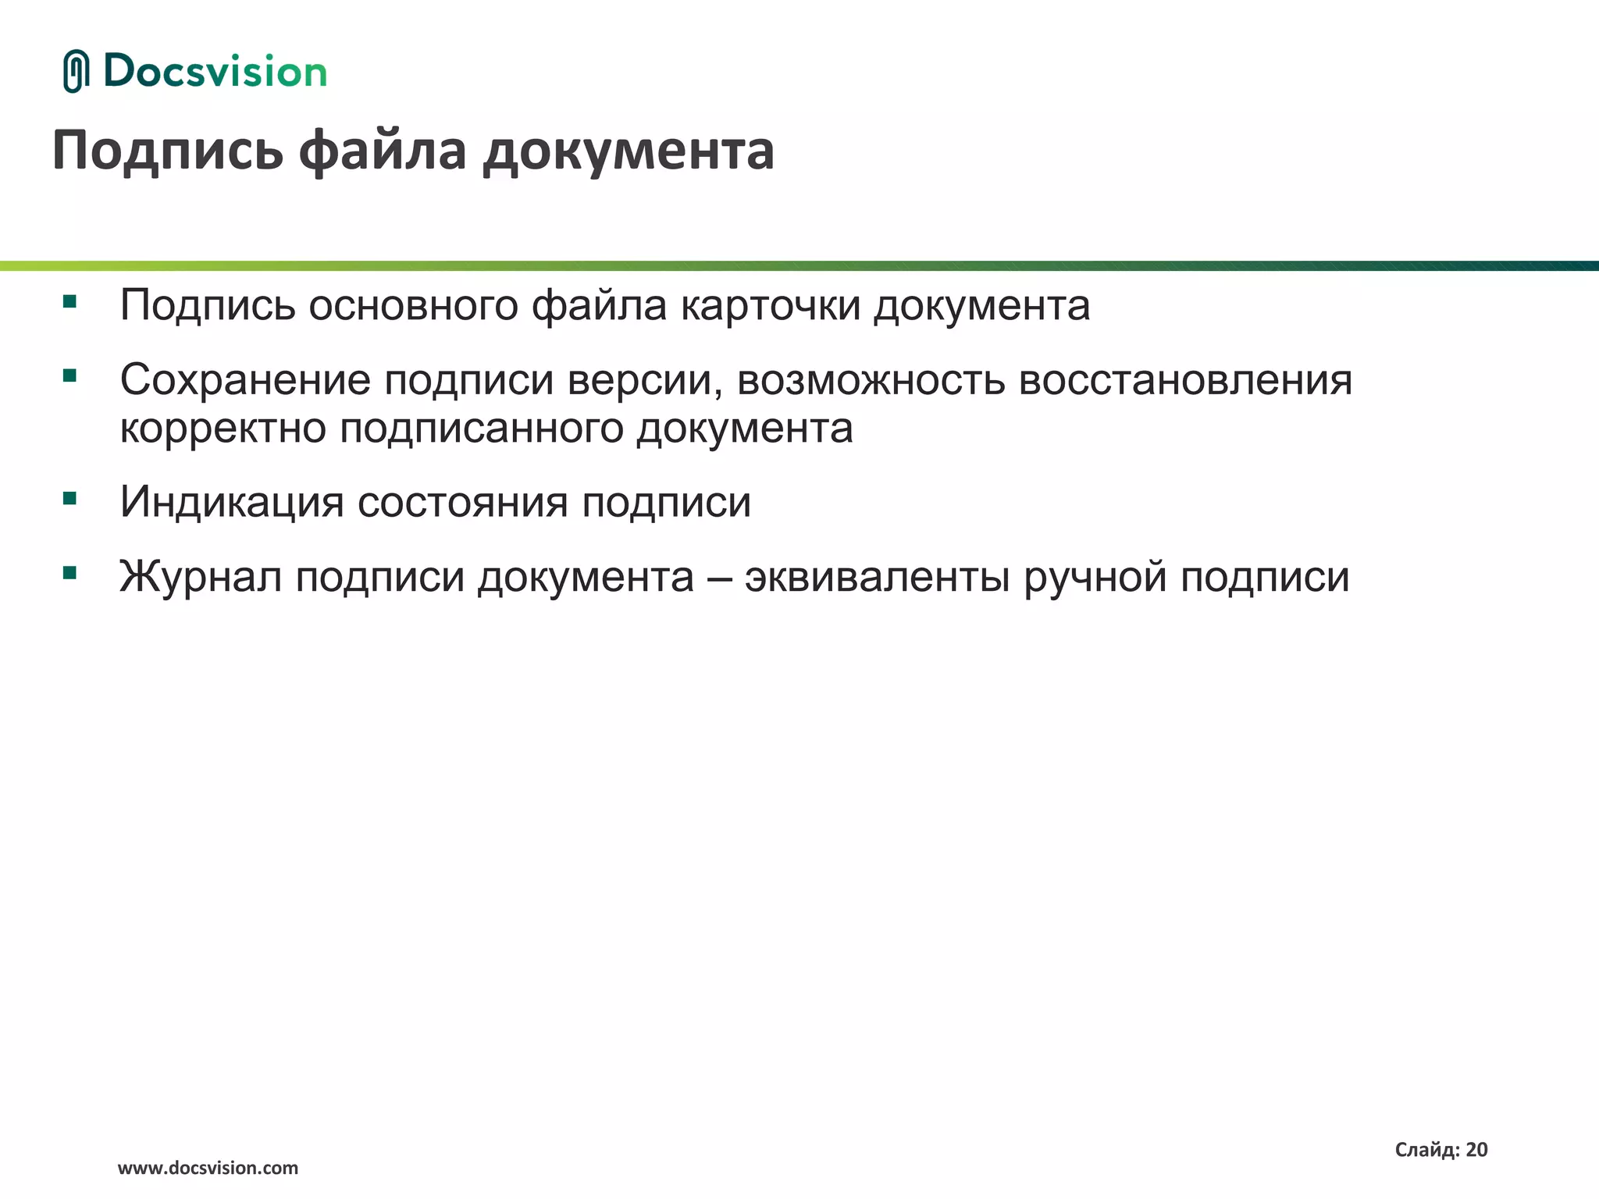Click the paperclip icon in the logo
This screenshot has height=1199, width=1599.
76,71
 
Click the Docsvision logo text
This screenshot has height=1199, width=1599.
215,72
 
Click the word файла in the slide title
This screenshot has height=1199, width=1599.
383,150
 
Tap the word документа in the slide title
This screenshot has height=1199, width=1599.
629,151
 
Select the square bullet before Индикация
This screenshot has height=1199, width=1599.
70,498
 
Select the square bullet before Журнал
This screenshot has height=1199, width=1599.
70,574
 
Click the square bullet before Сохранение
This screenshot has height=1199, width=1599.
70,376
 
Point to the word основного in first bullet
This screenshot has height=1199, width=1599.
413,305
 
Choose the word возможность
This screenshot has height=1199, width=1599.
871,381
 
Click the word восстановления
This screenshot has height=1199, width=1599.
1185,380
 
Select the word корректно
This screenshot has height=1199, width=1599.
223,429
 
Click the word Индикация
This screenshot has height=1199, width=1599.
232,502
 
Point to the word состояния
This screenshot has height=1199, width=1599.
462,502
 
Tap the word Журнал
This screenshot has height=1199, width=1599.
201,578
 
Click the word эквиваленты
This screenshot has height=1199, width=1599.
877,578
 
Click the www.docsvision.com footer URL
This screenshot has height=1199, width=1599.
208,1169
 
